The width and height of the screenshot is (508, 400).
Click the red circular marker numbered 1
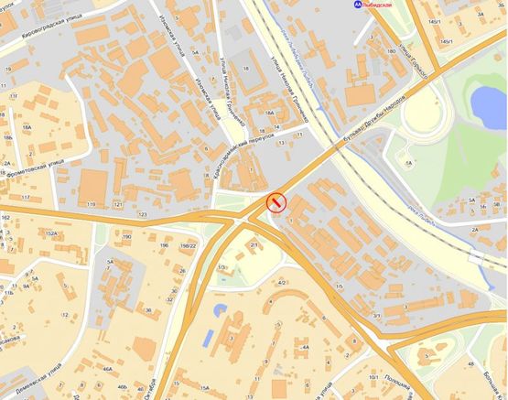pyautogui.click(x=276, y=203)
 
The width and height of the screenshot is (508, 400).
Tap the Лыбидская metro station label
pyautogui.click(x=384, y=5)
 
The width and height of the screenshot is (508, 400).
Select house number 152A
pyautogui.click(x=52, y=234)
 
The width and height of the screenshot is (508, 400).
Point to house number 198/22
pyautogui.click(x=189, y=245)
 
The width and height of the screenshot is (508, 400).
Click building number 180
pyautogui.click(x=391, y=52)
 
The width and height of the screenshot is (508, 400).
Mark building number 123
pyautogui.click(x=143, y=214)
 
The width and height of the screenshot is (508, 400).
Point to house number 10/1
pyautogui.click(x=373, y=377)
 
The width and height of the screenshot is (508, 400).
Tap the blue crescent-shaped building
pyautogui.click(x=217, y=312)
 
